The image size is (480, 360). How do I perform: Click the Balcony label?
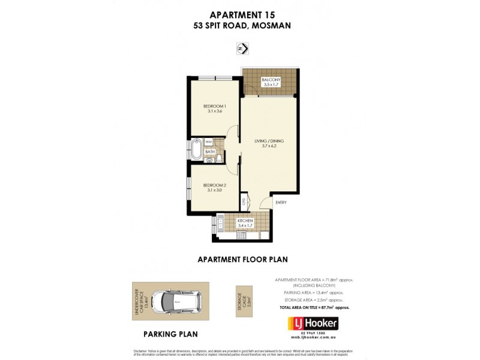(x=271, y=80)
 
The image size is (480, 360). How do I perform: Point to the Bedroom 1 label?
(x=214, y=106)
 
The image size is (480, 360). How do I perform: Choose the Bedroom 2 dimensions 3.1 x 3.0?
(x=214, y=190)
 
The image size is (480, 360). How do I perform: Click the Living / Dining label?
(x=269, y=141)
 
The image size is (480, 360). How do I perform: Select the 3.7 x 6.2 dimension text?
(x=269, y=146)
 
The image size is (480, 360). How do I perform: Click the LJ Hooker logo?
(x=310, y=323)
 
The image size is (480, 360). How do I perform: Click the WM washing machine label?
(x=209, y=142)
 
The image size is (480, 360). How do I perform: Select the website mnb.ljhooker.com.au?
(x=310, y=340)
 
